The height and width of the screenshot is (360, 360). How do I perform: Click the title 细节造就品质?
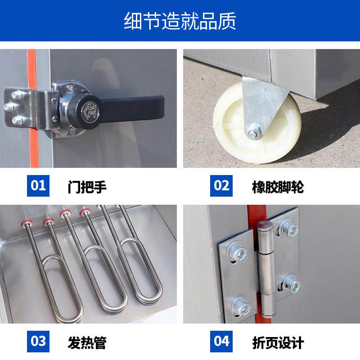click(x=180, y=21)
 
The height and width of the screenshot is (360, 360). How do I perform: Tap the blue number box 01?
click(x=38, y=185)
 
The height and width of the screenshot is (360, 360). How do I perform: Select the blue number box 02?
click(x=221, y=185)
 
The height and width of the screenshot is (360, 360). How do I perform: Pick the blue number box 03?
click(x=38, y=341)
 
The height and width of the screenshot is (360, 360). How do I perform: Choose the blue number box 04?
click(x=221, y=341)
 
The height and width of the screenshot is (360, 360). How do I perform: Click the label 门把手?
click(x=87, y=186)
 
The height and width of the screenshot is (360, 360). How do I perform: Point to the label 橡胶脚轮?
click(x=278, y=186)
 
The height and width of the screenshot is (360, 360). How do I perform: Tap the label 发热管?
click(x=87, y=342)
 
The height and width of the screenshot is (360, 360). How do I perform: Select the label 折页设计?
click(x=278, y=342)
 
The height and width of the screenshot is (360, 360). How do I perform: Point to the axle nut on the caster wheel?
click(x=252, y=132)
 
